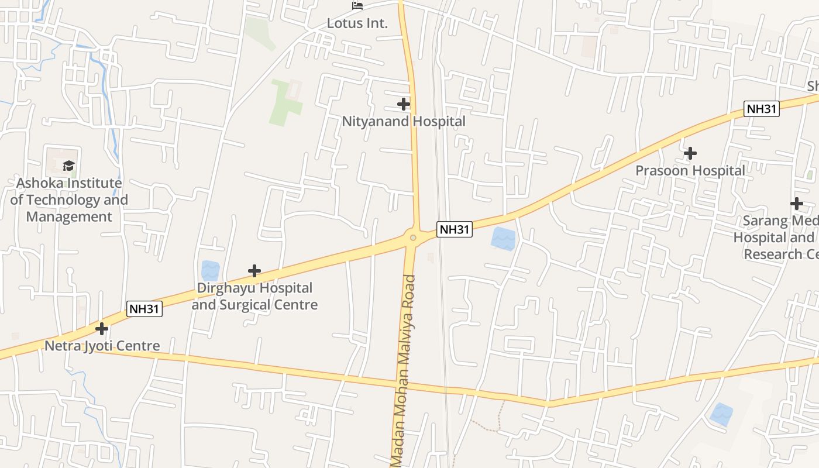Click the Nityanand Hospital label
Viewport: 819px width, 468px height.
(404, 122)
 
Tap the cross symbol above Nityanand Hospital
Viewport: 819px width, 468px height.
(404, 104)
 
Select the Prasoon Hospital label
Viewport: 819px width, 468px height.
(690, 171)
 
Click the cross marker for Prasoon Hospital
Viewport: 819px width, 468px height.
(690, 153)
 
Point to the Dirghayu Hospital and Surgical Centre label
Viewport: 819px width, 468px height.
(254, 297)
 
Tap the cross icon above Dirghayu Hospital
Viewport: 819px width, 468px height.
(254, 271)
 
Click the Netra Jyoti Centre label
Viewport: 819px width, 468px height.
(102, 346)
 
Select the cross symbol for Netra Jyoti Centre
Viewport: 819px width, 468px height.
(102, 328)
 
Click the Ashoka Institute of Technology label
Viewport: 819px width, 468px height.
(69, 199)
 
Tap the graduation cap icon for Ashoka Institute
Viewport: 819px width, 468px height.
(69, 166)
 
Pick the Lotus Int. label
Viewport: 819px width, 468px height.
(357, 23)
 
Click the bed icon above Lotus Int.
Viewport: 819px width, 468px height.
(357, 6)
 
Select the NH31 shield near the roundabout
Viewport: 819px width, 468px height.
(455, 229)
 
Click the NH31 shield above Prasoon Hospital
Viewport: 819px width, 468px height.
(762, 109)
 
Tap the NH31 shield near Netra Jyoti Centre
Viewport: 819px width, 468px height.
(144, 309)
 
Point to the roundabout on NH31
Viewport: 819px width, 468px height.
(413, 238)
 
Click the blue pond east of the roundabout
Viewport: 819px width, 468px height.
(503, 238)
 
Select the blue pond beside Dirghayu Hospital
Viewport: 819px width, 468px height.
(210, 270)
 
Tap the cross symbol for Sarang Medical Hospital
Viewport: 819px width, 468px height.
(796, 204)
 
